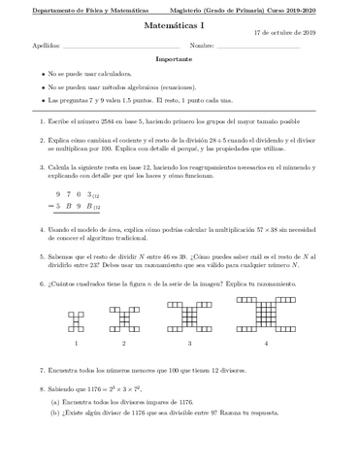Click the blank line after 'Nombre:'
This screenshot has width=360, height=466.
tap(259, 47)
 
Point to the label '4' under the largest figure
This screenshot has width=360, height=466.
tap(266, 344)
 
